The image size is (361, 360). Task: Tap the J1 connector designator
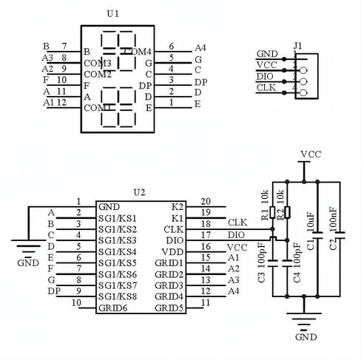tap(298, 46)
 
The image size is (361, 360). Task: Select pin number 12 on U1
tap(62, 103)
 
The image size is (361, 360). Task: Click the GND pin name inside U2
tap(109, 206)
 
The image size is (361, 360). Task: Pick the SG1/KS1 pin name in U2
tap(118, 218)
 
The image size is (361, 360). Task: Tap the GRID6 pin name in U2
tap(113, 307)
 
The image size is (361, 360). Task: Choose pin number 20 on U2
tap(205, 201)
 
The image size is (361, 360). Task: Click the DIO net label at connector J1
tap(265, 76)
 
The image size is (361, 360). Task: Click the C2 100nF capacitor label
tap(333, 231)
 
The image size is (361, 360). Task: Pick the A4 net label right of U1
tap(199, 47)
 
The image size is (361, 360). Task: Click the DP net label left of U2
tap(53, 291)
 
